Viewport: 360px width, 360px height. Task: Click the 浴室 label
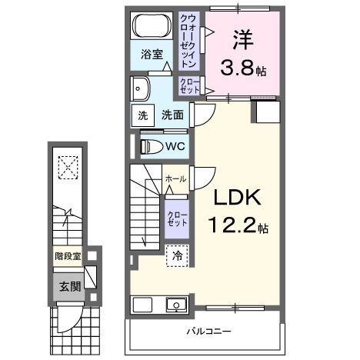(152, 55)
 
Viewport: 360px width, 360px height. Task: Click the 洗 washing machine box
(142, 115)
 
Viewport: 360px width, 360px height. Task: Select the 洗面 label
(172, 115)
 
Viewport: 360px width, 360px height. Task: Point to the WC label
(175, 145)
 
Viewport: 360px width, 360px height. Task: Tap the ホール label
(175, 178)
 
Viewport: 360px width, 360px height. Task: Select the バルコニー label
(205, 332)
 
